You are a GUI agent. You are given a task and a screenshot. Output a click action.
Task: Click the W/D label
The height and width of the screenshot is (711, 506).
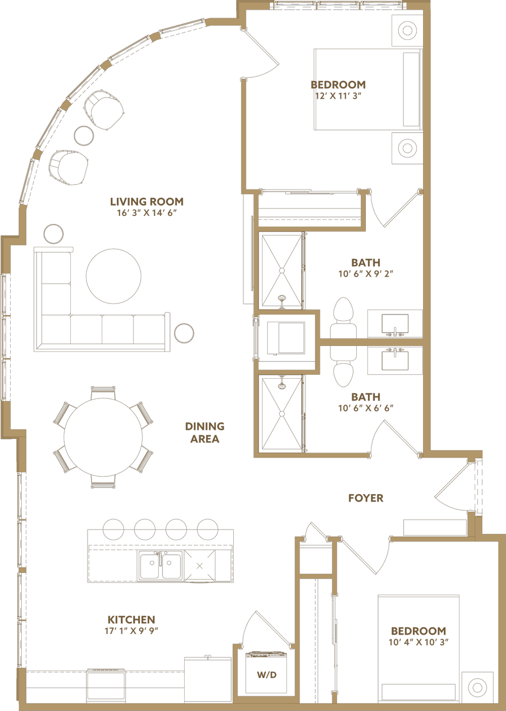click(x=267, y=675)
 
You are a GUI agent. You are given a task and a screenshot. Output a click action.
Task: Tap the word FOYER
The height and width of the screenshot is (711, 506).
click(x=365, y=498)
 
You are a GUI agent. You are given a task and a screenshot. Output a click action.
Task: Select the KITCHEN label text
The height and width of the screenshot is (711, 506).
click(x=131, y=619)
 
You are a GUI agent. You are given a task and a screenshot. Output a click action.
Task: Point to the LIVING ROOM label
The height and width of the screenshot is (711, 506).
click(x=147, y=202)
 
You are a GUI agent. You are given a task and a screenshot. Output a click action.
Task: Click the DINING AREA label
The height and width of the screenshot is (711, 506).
click(x=204, y=433)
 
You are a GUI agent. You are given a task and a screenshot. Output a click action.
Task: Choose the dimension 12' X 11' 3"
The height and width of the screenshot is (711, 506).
click(x=338, y=96)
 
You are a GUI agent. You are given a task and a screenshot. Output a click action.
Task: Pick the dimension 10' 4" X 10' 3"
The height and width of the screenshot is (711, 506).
click(x=418, y=642)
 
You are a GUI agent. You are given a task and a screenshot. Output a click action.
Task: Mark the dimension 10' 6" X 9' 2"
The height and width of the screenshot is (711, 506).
click(x=365, y=274)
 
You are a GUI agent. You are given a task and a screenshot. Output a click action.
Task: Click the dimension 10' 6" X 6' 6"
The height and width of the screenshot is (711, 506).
click(x=365, y=408)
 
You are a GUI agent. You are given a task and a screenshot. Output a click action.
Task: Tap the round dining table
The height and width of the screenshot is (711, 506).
click(x=103, y=437)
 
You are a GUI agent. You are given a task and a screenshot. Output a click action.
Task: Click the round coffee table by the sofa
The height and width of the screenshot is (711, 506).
click(x=113, y=276)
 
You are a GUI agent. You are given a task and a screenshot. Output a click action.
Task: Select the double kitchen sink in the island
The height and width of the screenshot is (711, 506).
click(x=160, y=565)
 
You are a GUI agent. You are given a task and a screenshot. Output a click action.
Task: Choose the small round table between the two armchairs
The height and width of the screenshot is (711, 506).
click(x=84, y=136)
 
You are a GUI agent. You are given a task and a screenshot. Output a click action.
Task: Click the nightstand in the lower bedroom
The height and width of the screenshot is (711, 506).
click(x=477, y=687)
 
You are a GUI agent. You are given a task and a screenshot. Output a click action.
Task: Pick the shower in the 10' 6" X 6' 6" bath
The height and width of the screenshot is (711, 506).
click(x=282, y=413)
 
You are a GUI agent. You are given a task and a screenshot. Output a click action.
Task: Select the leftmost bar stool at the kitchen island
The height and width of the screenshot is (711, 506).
click(x=113, y=528)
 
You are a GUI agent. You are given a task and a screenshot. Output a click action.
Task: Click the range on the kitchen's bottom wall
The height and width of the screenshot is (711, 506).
click(x=106, y=686)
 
